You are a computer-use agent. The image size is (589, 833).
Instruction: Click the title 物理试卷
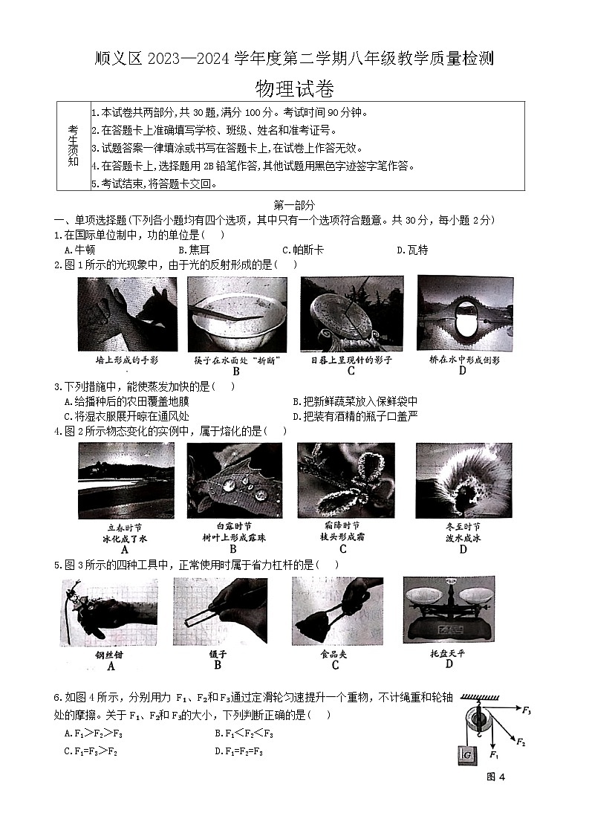294,89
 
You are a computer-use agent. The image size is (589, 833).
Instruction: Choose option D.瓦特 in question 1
411,250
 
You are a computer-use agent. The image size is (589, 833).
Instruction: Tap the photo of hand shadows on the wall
127,314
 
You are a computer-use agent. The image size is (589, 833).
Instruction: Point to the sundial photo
351,313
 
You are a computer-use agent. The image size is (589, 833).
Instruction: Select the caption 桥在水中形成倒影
464,360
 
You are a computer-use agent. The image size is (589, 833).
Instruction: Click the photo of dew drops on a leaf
235,480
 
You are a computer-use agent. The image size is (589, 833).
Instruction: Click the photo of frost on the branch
343,480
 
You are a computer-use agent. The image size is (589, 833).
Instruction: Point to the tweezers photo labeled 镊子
218,611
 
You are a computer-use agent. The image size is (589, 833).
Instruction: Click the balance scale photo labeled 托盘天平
449,608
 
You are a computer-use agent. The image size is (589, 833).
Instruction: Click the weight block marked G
466,755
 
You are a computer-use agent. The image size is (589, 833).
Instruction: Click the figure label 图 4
495,777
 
